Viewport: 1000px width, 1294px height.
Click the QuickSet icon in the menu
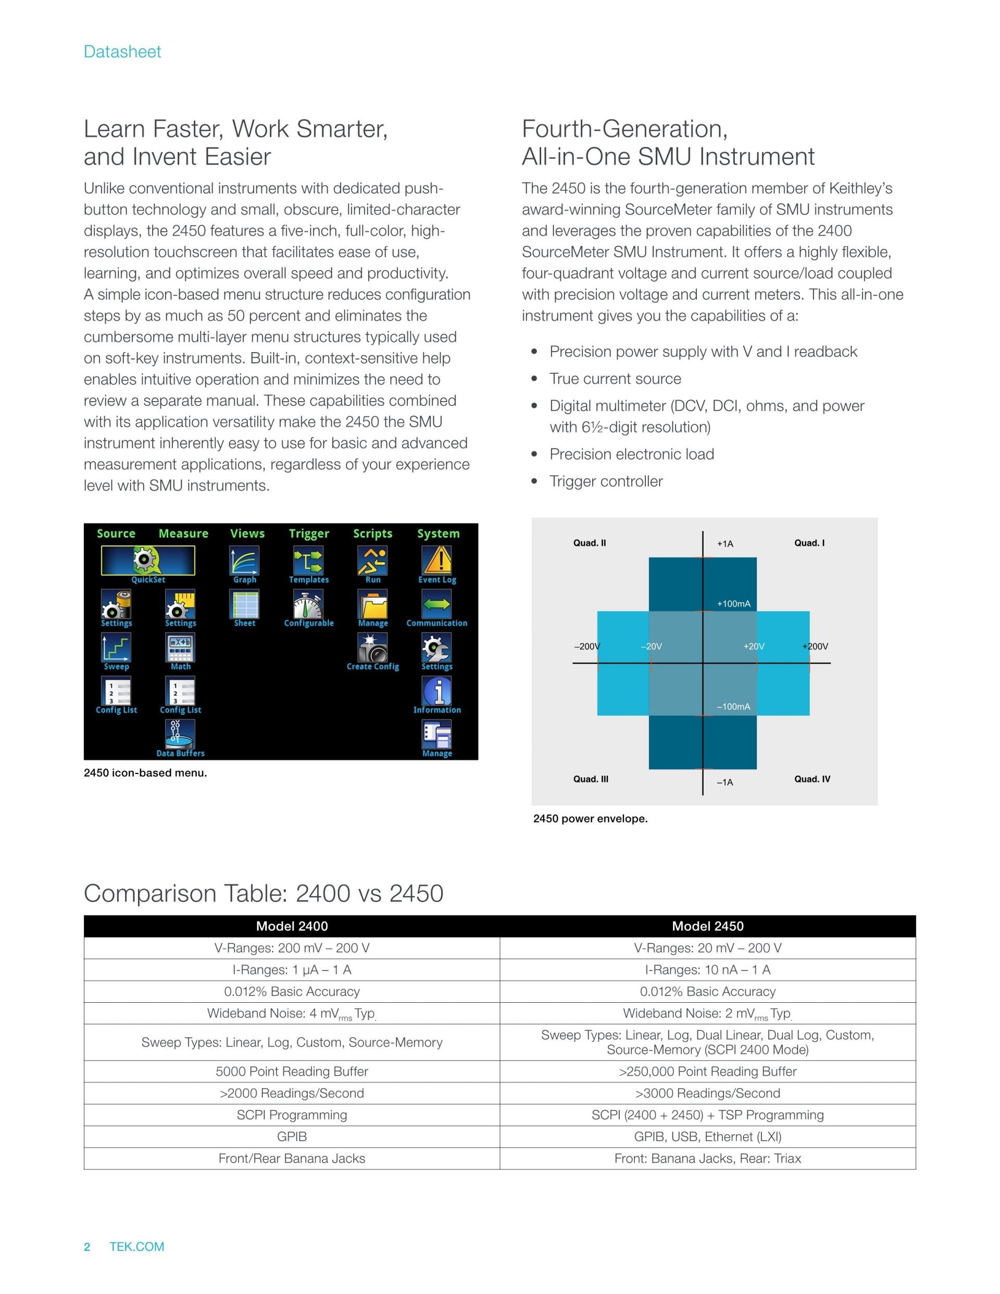pyautogui.click(x=147, y=561)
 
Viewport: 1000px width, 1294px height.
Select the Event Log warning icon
pyautogui.click(x=436, y=561)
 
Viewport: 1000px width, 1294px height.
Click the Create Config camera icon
pyautogui.click(x=372, y=648)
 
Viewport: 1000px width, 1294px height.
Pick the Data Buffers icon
pyautogui.click(x=180, y=734)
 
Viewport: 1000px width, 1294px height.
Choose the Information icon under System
pyautogui.click(x=436, y=691)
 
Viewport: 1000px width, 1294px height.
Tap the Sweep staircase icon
pyautogui.click(x=116, y=648)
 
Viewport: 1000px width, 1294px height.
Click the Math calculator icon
pyautogui.click(x=180, y=648)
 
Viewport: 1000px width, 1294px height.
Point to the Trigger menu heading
pyautogui.click(x=309, y=533)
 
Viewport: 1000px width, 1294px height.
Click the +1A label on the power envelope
pyautogui.click(x=725, y=544)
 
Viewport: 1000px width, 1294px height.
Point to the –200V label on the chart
pyautogui.click(x=586, y=646)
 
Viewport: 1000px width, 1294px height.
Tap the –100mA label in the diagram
pyautogui.click(x=733, y=706)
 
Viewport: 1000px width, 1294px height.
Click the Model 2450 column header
pyautogui.click(x=707, y=926)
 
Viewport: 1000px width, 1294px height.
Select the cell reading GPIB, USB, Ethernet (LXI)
pyautogui.click(x=707, y=1136)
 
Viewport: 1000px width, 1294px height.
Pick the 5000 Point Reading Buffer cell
pyautogui.click(x=292, y=1071)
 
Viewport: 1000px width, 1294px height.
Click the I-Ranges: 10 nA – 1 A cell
pyautogui.click(x=707, y=970)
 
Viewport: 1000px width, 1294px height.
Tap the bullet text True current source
pyautogui.click(x=615, y=379)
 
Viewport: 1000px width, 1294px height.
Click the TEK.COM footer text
pyautogui.click(x=137, y=1247)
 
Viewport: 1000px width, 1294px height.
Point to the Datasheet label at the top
pyautogui.click(x=122, y=52)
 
